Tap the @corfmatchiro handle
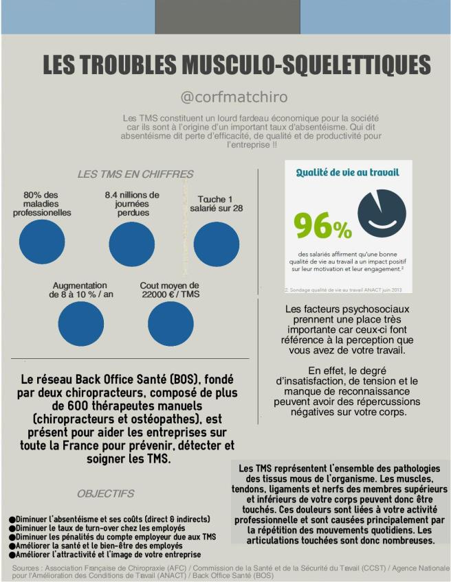[234, 96]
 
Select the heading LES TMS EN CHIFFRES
[135, 174]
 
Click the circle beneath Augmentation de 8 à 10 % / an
[80, 324]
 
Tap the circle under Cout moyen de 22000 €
[170, 324]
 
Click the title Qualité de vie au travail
[347, 172]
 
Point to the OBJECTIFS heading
[105, 493]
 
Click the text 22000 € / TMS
[170, 294]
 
